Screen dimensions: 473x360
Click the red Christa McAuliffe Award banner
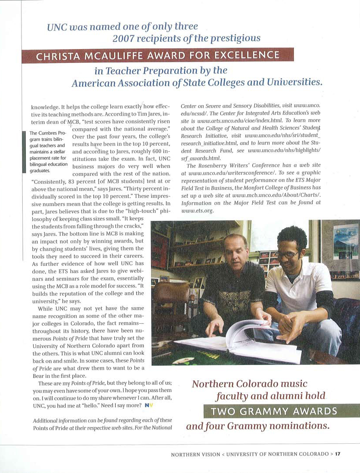(158, 56)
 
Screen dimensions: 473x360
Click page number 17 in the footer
(338, 454)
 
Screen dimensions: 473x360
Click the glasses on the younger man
(289, 254)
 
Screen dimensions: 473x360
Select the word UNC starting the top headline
(57, 27)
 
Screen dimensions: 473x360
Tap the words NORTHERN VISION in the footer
(196, 454)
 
